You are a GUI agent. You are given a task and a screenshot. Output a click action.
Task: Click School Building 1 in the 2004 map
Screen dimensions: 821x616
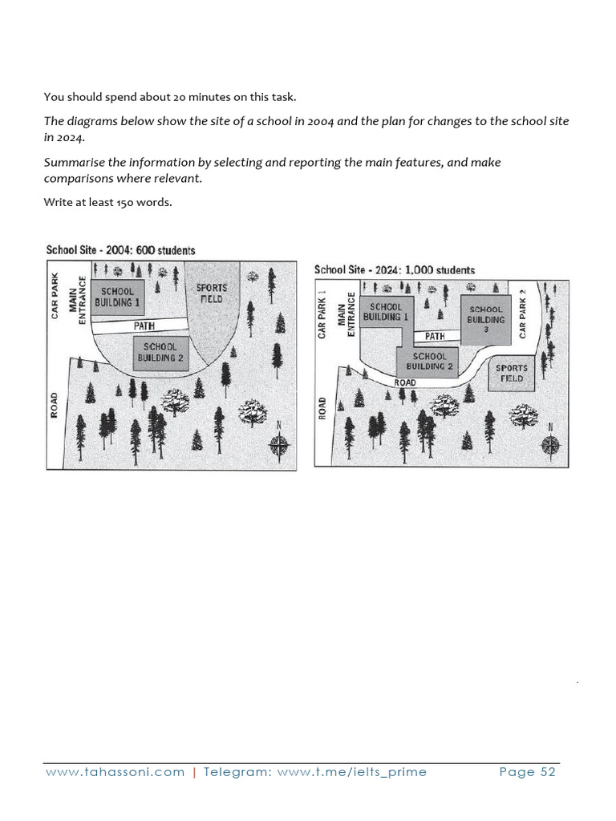(117, 297)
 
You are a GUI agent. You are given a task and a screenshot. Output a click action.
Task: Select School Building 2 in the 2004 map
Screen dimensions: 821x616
(160, 353)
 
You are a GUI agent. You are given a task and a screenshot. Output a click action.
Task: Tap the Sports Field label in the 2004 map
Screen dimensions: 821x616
(212, 293)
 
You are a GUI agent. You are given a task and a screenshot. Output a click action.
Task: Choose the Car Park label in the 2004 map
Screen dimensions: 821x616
(55, 297)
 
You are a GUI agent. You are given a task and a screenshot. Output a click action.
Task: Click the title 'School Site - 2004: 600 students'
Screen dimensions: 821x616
(120, 251)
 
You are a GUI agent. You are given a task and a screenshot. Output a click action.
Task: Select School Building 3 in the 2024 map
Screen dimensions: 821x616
(485, 319)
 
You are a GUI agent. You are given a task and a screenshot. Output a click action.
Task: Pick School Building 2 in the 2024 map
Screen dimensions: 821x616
(430, 362)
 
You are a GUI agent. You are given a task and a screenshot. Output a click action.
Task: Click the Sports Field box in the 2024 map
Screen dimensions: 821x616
(511, 374)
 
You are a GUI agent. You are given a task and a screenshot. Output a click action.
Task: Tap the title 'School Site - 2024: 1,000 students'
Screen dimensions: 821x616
(395, 270)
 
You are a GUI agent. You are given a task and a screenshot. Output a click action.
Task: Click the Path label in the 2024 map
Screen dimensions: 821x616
(434, 337)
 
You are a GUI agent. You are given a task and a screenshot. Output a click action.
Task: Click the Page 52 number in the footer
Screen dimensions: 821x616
(527, 772)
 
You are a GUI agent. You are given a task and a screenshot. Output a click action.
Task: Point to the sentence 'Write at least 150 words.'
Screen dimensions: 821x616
(107, 202)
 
